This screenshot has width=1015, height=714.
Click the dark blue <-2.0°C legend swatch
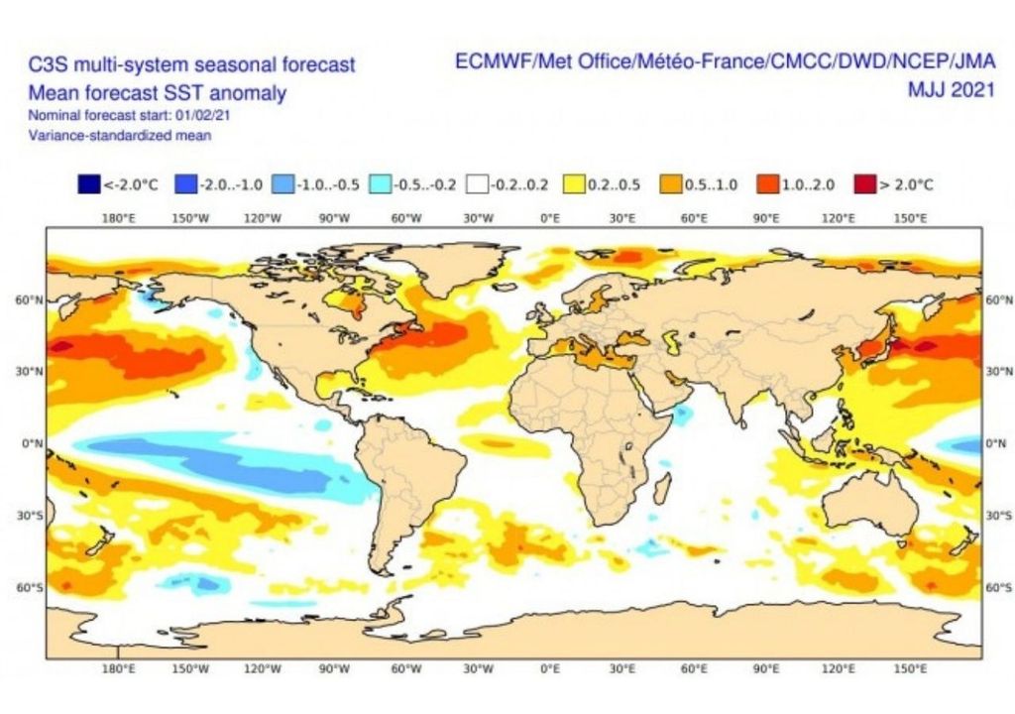point(88,184)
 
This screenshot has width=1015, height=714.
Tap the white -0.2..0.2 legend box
point(479,184)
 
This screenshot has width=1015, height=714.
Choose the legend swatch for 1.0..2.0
point(767,184)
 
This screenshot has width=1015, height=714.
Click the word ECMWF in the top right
point(492,61)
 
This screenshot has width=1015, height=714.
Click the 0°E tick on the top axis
point(549,218)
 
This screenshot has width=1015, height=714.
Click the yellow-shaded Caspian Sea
point(674,343)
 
